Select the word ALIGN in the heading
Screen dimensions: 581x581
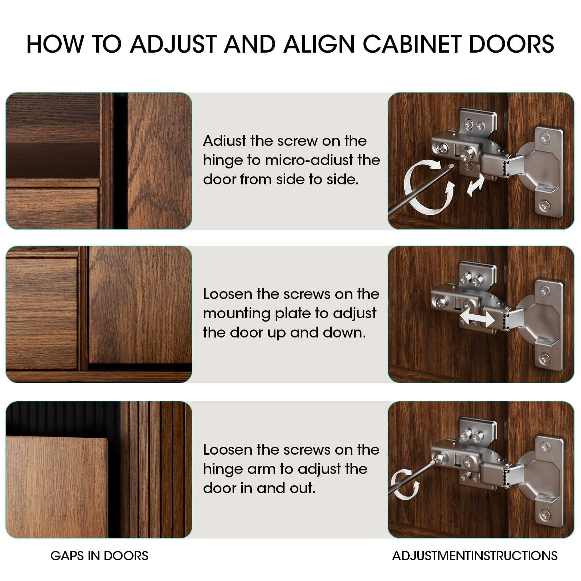tap(318, 44)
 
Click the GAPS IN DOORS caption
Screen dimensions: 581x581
tap(99, 556)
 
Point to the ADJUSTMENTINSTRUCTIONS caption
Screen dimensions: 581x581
tap(475, 556)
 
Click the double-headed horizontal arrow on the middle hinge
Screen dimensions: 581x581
tap(477, 320)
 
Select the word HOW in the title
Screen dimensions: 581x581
tap(55, 44)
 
